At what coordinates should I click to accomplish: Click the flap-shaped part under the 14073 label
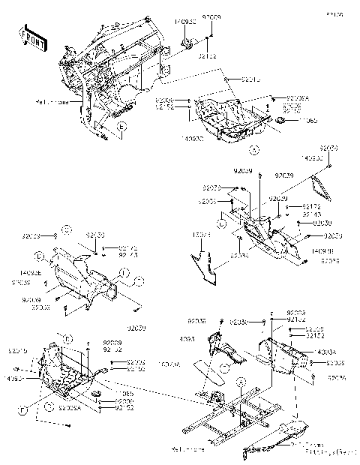click(205, 262)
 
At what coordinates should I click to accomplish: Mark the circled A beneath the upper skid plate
click(253, 151)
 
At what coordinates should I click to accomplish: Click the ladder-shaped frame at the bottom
click(232, 412)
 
